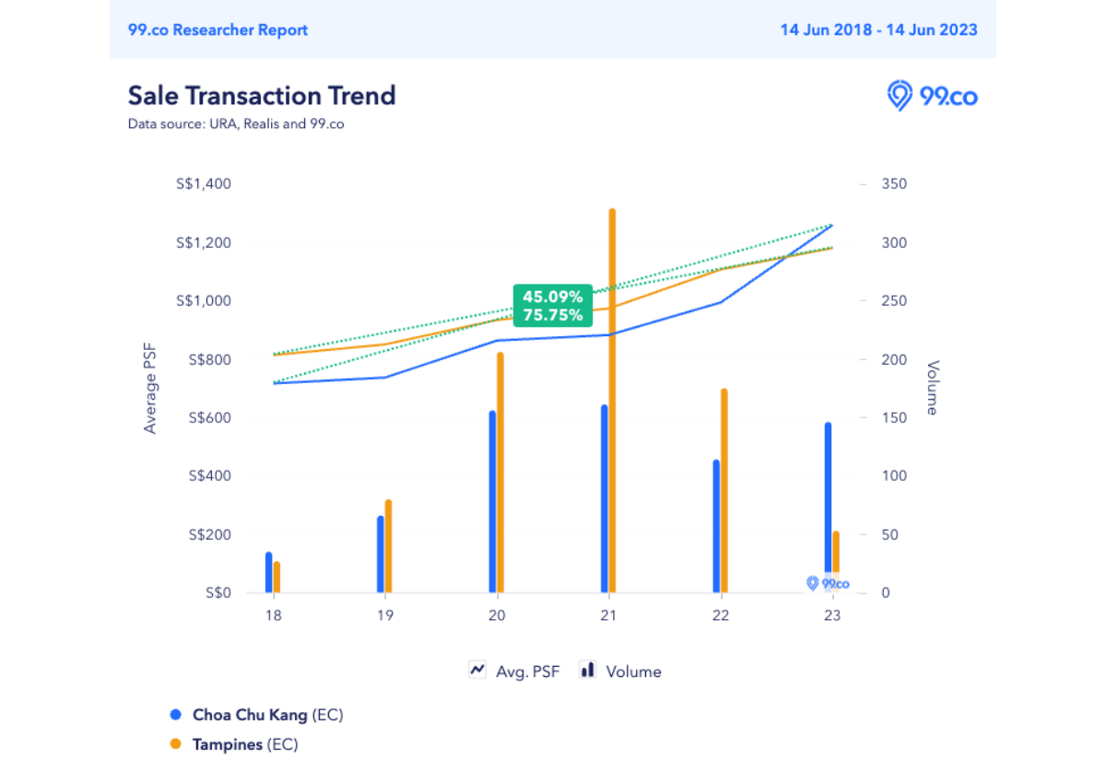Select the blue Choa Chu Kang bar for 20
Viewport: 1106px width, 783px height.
point(492,501)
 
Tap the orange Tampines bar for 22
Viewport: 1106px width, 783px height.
point(724,490)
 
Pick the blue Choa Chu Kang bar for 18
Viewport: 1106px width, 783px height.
point(269,572)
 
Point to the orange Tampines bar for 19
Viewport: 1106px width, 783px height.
point(388,545)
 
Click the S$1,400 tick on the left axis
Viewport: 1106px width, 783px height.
point(206,184)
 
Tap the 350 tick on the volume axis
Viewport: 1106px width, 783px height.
point(894,184)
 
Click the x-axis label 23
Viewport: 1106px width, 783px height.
point(832,616)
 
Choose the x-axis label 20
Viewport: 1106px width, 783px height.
point(497,616)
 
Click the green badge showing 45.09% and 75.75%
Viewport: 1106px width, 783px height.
point(552,306)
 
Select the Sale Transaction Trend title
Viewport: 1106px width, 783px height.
point(262,96)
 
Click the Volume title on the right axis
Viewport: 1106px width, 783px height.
point(932,388)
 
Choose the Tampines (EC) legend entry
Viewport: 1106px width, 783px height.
point(244,744)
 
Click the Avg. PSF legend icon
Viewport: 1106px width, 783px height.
point(477,671)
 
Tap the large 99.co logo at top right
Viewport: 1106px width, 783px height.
point(932,96)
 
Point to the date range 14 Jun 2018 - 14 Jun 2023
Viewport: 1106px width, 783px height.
point(878,29)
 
